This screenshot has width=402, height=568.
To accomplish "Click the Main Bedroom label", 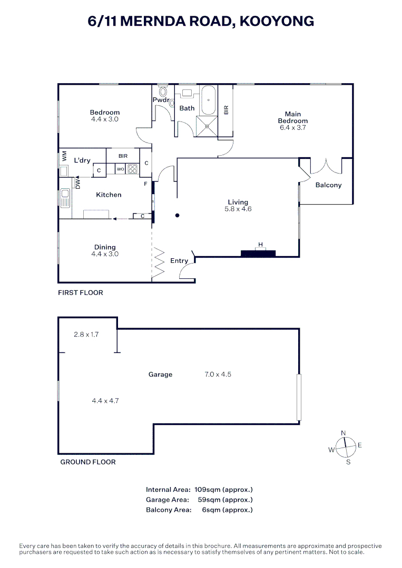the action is click(293, 117).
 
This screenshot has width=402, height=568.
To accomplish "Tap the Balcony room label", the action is click(328, 185).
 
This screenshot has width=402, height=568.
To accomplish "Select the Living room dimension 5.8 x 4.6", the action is click(238, 209).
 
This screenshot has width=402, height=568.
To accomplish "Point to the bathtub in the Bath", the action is click(209, 100).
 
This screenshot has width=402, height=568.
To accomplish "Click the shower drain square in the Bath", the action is click(207, 126).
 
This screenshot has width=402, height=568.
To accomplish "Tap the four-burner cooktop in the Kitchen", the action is click(133, 169).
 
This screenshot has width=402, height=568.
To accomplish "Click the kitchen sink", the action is click(65, 198).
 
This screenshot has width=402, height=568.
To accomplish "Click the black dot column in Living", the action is click(178, 216).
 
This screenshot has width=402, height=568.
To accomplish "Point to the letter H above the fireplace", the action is click(260, 245).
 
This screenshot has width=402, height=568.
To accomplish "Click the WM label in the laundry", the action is click(65, 156).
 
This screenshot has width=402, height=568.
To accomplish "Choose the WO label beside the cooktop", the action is click(121, 169).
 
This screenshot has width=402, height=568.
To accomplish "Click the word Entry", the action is click(179, 261).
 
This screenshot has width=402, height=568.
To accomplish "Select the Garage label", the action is click(160, 374).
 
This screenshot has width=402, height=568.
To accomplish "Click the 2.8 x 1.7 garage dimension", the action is click(86, 334).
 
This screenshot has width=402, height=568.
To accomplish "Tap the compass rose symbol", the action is click(345, 448).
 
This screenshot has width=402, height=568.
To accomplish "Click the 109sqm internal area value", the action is click(208, 490).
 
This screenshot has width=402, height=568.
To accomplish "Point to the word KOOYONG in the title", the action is click(277, 22).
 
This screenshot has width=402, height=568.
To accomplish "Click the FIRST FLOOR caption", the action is click(81, 293).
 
